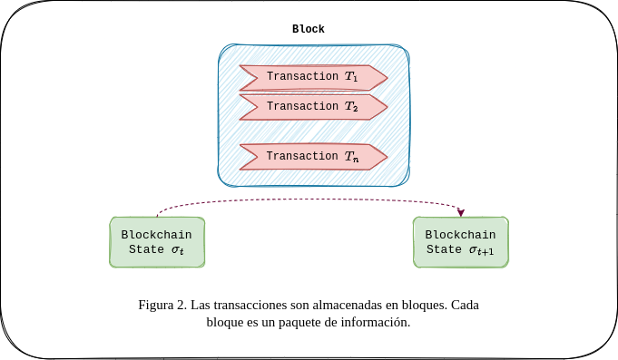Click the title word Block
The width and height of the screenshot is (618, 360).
[x=308, y=29]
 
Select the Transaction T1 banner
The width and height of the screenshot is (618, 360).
[x=313, y=77]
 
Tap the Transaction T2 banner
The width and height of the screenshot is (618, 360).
[x=313, y=106]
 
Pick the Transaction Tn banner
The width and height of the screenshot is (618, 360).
[x=313, y=156]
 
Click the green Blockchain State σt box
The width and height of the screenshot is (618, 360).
[x=157, y=242]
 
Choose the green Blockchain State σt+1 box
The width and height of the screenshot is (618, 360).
[x=461, y=242]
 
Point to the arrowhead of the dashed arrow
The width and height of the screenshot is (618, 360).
[x=461, y=213]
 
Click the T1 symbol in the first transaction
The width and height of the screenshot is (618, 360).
[x=351, y=77]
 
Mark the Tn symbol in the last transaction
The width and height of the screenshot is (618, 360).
[x=352, y=157]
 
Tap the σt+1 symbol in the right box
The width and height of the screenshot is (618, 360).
[x=482, y=251]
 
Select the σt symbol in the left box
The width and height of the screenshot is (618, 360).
[x=177, y=251]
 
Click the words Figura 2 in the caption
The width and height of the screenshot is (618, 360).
[x=162, y=305]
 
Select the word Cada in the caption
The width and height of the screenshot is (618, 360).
[x=464, y=305]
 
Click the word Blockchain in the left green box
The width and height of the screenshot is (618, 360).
[x=157, y=234]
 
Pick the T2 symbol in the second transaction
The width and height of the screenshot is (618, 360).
[x=351, y=107]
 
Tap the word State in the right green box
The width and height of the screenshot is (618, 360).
[x=444, y=250]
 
